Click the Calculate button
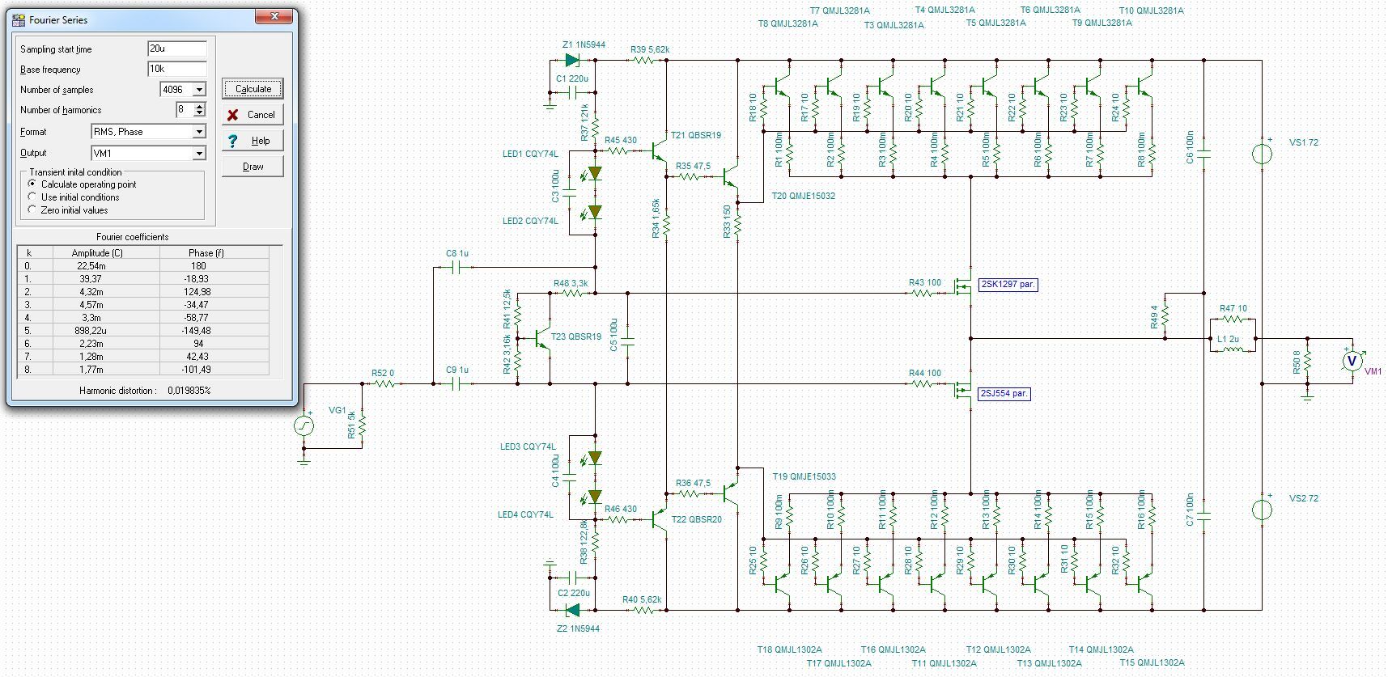coord(253,89)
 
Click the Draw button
coord(253,167)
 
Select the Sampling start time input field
coord(177,49)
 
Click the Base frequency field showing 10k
coord(177,69)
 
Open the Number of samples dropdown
coord(199,90)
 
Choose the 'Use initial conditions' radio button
coord(32,197)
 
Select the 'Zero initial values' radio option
coord(32,209)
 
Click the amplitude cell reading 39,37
coord(91,278)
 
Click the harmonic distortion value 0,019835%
coord(189,390)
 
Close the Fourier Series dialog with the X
coord(274,16)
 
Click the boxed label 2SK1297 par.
coord(1008,285)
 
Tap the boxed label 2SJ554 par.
coord(1004,393)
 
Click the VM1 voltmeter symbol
coord(1351,361)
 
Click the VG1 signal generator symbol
coord(304,425)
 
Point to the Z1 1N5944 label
coord(584,44)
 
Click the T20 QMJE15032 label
coord(804,196)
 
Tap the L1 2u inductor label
coord(1228,339)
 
